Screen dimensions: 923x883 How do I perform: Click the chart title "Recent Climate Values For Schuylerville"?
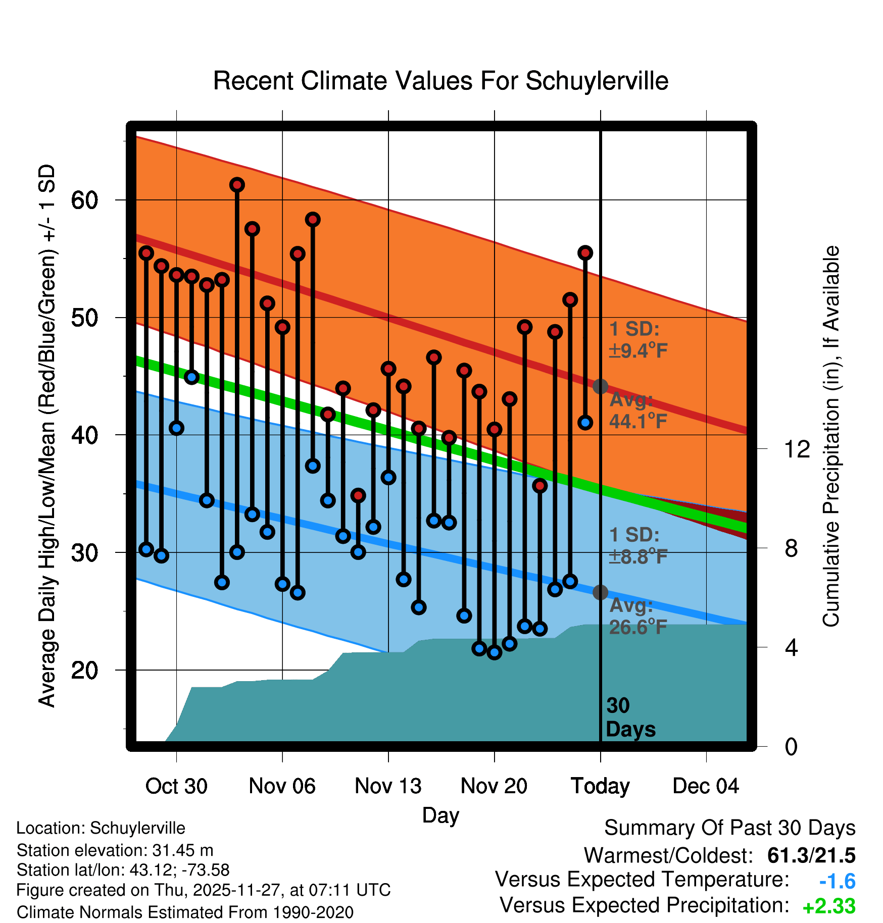tap(440, 81)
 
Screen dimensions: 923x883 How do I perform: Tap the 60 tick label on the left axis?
tap(85, 200)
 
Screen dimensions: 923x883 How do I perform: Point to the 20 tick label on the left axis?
tap(85, 671)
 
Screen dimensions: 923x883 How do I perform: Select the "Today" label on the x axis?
tap(600, 786)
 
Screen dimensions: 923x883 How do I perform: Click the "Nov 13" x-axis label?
tap(388, 786)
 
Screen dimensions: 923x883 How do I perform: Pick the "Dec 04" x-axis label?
tap(706, 786)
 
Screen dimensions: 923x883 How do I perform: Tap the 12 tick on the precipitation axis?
tap(797, 449)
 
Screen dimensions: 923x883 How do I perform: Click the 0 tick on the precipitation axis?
tap(791, 747)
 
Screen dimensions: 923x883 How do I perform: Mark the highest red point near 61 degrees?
tap(237, 185)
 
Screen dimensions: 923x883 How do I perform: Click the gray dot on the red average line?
tap(600, 386)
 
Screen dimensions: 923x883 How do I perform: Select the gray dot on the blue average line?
tap(600, 592)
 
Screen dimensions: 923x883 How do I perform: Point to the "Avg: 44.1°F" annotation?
tap(637, 410)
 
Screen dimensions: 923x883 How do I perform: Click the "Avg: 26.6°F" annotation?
tap(637, 616)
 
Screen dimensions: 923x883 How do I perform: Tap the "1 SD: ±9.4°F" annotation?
tap(637, 339)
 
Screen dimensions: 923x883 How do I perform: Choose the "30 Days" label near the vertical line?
tap(630, 717)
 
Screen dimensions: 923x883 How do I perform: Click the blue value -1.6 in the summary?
tap(837, 882)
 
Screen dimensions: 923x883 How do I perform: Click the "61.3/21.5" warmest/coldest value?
tap(811, 855)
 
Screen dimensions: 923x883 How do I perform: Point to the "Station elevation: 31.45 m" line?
tap(115, 850)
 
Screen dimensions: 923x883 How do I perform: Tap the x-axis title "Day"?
tap(440, 815)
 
